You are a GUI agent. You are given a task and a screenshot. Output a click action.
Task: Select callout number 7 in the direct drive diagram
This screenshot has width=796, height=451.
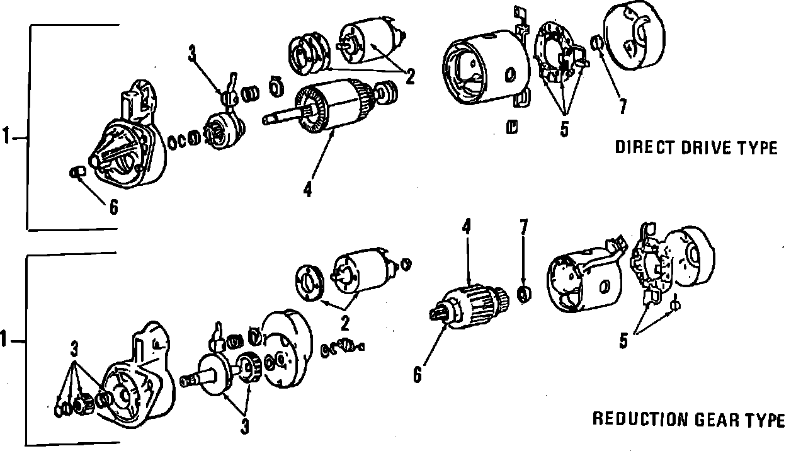click(622, 106)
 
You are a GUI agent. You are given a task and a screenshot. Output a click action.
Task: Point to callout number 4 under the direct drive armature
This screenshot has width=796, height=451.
click(307, 188)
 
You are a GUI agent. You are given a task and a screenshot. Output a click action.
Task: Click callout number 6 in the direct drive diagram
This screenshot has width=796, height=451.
click(113, 207)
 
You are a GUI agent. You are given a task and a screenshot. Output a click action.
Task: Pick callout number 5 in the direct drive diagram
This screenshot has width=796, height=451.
click(564, 128)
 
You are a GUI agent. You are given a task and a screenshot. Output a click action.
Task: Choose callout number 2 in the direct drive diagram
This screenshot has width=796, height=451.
click(410, 77)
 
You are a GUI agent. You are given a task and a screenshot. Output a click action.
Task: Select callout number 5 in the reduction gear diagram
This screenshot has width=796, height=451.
click(623, 341)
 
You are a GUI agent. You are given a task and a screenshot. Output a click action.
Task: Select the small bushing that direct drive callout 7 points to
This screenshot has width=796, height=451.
click(596, 43)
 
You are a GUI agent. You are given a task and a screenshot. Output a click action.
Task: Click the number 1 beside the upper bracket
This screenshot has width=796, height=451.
click(6, 137)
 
